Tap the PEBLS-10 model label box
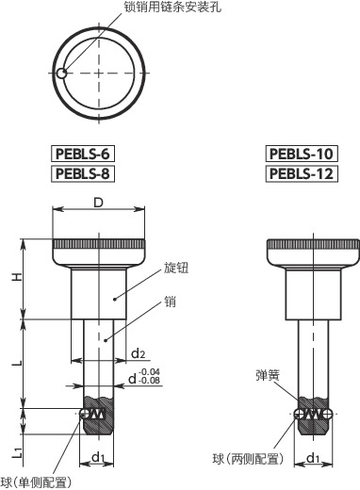[x=301, y=154]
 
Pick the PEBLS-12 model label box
[x=301, y=173]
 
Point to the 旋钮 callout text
[x=176, y=269]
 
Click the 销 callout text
[x=170, y=302]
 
